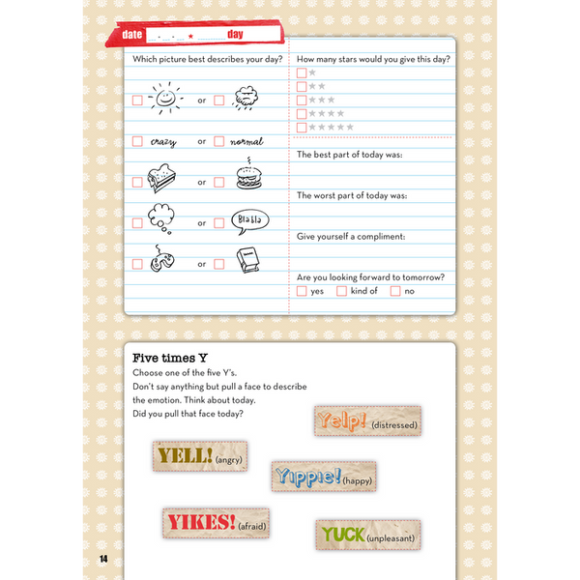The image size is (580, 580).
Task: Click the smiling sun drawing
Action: coord(165,98)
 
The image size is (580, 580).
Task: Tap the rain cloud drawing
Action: coord(246,98)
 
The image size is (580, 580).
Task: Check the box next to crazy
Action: coord(137,141)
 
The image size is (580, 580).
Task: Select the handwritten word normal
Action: coord(246,141)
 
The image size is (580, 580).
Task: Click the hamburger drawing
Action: coord(248,178)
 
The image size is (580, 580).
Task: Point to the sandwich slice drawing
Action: coord(160,180)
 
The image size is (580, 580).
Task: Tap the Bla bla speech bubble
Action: coord(250,220)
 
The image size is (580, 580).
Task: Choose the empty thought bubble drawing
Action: coord(160,219)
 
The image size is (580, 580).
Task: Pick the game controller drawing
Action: coord(160,260)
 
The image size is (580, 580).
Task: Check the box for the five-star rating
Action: coord(302,127)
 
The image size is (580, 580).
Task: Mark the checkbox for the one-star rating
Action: coord(302,72)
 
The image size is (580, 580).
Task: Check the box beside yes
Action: coord(302,291)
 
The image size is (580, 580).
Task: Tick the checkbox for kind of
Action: coord(341,291)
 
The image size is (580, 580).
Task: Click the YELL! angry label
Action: coord(199,455)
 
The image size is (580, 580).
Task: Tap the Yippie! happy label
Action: coord(323,476)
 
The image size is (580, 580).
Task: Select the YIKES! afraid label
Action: coord(216,523)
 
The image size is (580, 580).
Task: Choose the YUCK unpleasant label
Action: coord(367,535)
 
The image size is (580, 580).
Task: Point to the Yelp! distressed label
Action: coord(367,420)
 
